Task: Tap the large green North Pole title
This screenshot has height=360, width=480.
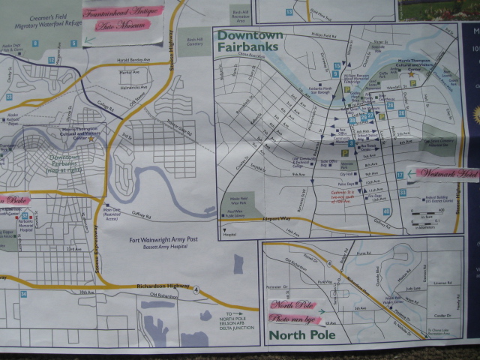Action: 302,334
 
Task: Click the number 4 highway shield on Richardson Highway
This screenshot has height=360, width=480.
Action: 195,289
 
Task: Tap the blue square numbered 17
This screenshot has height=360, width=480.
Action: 400,175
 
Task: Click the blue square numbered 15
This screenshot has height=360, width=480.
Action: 289,12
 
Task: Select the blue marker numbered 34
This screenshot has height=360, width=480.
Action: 23,293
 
